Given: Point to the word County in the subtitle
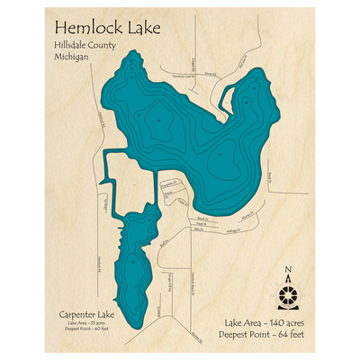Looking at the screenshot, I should click(112, 45).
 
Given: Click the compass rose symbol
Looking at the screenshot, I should click(288, 294).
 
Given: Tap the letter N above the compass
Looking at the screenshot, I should click(288, 271).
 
